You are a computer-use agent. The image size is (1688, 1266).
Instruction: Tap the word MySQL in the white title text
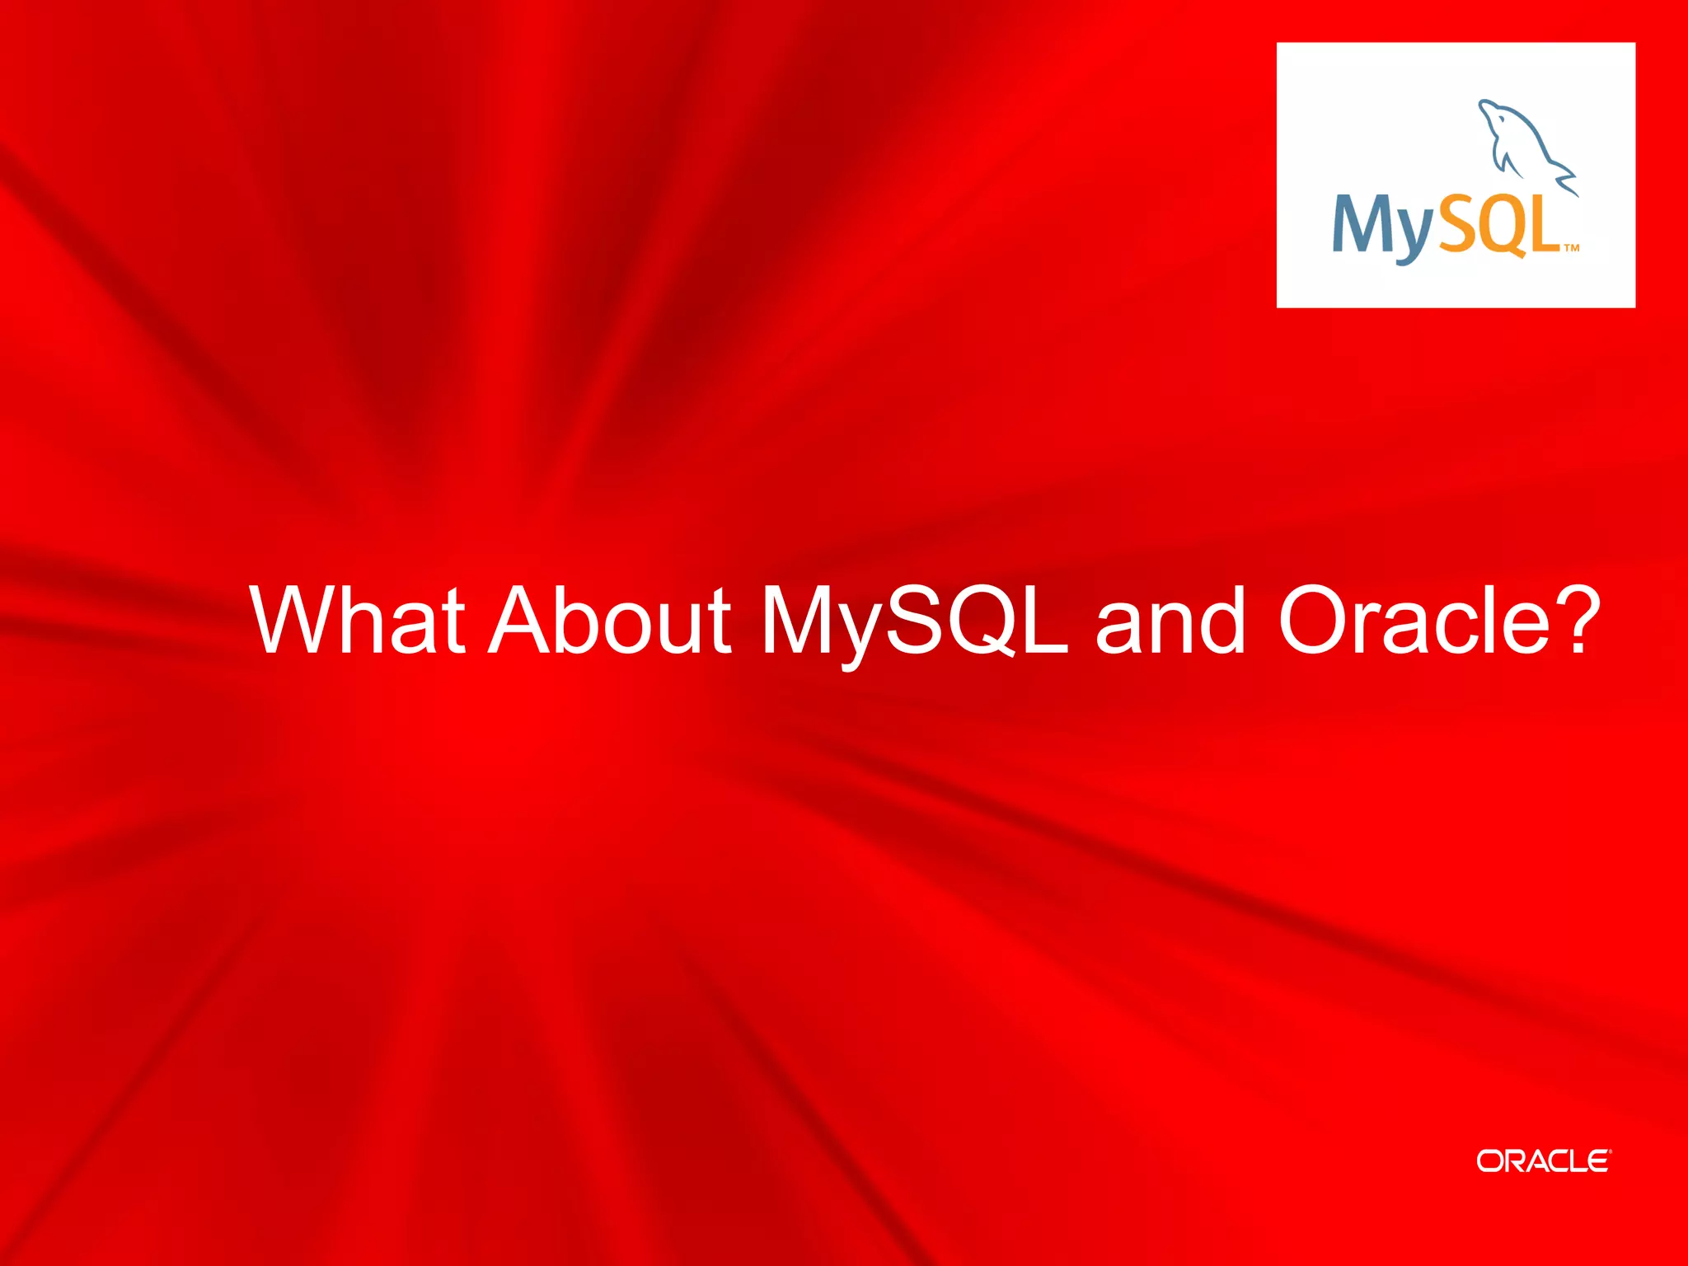[x=914, y=622]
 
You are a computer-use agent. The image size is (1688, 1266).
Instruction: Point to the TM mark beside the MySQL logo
[x=1572, y=247]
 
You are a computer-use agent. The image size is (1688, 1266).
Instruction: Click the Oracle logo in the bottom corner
[x=1542, y=1160]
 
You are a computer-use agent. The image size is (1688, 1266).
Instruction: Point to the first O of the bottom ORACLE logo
[x=1490, y=1160]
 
